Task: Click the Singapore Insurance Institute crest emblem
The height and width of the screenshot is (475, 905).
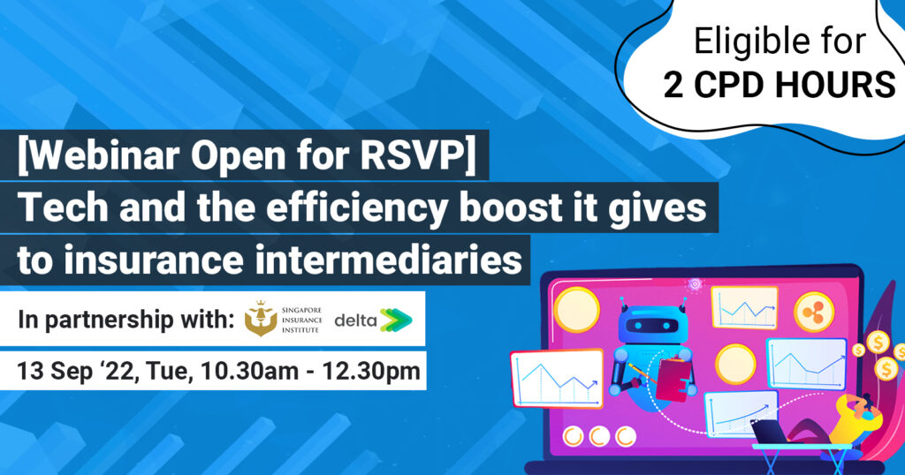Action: pos(261,319)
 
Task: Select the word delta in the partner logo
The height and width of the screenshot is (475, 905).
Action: pos(355,320)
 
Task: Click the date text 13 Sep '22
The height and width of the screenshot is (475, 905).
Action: pos(77,371)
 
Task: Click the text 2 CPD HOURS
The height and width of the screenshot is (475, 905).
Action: pos(780,84)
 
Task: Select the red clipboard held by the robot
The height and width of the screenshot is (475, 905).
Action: pos(672,379)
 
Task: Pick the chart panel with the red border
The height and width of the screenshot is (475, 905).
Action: pos(557,379)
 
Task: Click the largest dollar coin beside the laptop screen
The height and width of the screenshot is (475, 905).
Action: pos(878,343)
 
